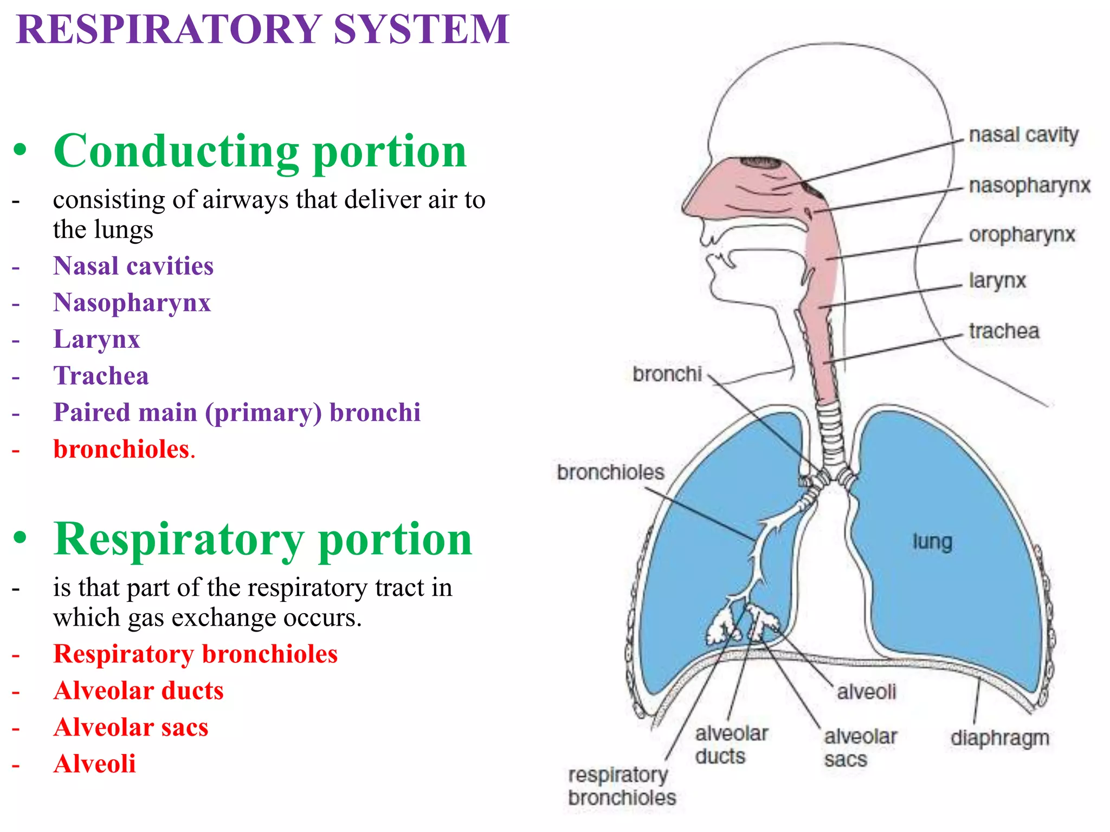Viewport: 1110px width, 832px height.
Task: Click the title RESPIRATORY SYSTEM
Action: (x=263, y=29)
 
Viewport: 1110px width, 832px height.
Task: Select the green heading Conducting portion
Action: (x=260, y=152)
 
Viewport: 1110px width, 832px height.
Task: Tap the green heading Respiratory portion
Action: (x=263, y=539)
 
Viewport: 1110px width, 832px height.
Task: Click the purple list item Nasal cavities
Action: (x=133, y=266)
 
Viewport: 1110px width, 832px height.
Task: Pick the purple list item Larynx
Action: (x=96, y=340)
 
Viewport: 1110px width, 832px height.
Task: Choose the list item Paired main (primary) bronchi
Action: (x=237, y=413)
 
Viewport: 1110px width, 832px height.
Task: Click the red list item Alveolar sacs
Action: (x=131, y=727)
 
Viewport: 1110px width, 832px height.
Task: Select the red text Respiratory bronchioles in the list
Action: (x=195, y=654)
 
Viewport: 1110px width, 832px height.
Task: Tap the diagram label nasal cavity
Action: (x=1023, y=135)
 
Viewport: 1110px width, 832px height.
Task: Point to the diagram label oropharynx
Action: (x=1022, y=235)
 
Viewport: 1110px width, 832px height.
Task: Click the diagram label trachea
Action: (x=1004, y=331)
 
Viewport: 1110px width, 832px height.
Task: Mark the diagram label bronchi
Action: (x=667, y=374)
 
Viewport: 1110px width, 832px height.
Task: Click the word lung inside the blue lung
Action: (x=932, y=542)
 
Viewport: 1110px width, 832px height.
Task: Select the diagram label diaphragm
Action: (x=1000, y=738)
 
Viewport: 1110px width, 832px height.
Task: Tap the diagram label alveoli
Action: (x=866, y=692)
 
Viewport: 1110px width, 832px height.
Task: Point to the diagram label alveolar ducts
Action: (x=730, y=745)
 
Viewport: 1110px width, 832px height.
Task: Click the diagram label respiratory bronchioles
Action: (x=622, y=786)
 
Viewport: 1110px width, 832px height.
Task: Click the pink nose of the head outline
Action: (x=715, y=192)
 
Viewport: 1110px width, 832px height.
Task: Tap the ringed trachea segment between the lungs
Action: (x=830, y=433)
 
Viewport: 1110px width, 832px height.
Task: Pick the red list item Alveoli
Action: (x=94, y=764)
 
